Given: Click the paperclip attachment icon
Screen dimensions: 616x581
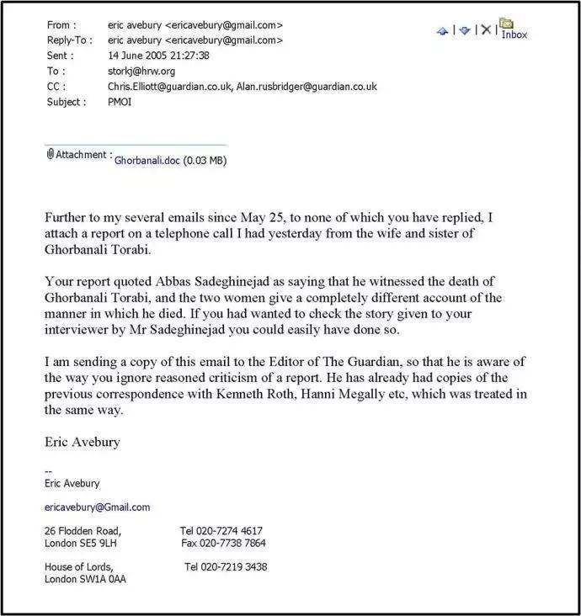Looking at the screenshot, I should click(51, 154).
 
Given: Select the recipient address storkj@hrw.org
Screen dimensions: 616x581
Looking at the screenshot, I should click(133, 71).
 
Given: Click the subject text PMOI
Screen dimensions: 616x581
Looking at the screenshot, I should click(120, 101).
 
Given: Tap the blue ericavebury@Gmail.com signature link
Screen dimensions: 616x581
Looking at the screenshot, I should click(97, 507).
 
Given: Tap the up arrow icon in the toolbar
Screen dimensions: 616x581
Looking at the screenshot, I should click(442, 30).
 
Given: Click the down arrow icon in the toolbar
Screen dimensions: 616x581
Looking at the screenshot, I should click(464, 30).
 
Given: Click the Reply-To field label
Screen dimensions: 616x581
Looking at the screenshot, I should click(70, 40).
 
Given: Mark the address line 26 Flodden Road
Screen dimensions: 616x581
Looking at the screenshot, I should click(83, 531).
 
